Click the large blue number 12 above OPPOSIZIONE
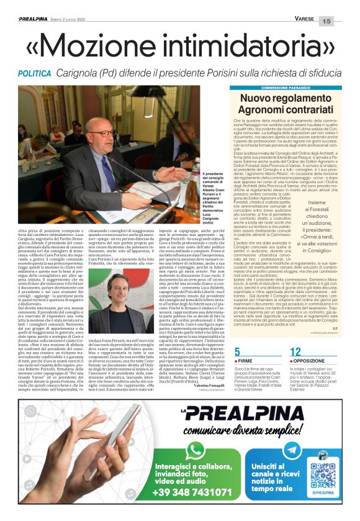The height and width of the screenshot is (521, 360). (x=295, y=351)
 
